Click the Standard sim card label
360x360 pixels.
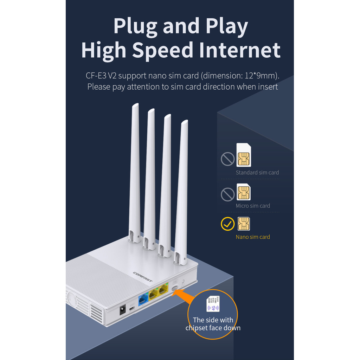click(x=257, y=173)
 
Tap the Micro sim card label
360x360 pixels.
click(x=253, y=206)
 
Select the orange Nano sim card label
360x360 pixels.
click(x=253, y=237)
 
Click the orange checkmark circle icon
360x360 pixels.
click(x=227, y=224)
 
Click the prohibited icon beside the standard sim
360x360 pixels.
click(x=227, y=159)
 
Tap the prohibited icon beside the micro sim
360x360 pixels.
click(x=227, y=194)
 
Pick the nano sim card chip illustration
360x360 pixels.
click(x=244, y=224)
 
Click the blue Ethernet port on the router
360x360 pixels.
click(x=143, y=299)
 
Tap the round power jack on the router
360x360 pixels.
click(x=123, y=310)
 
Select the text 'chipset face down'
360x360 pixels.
click(x=213, y=328)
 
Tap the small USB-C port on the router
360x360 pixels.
click(x=131, y=308)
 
